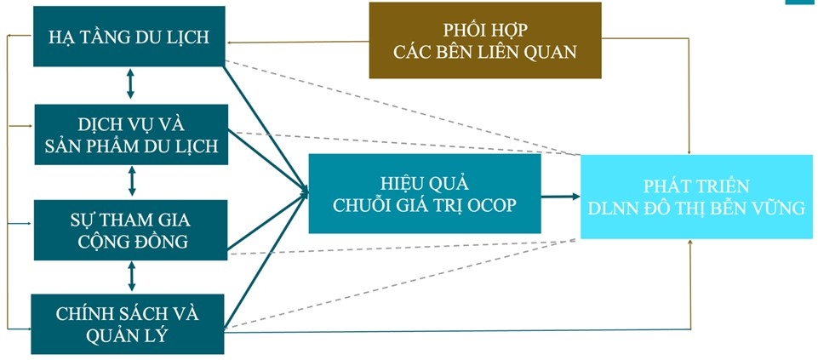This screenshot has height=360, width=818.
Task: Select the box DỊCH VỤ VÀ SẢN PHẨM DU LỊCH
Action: coord(130,134)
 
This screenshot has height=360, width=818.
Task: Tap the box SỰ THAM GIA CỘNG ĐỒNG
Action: coord(130,230)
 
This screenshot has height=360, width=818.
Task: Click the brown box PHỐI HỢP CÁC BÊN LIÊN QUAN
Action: coord(484,40)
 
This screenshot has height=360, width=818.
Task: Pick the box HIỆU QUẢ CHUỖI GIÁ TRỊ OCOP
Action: coord(425,193)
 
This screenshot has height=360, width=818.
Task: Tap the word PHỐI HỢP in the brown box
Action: coord(485,29)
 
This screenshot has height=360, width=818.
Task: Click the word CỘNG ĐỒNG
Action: coord(130,241)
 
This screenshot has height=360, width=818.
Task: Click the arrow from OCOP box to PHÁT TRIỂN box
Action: coord(560,197)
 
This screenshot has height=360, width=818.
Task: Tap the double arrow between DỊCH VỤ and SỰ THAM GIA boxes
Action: coord(131,180)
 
